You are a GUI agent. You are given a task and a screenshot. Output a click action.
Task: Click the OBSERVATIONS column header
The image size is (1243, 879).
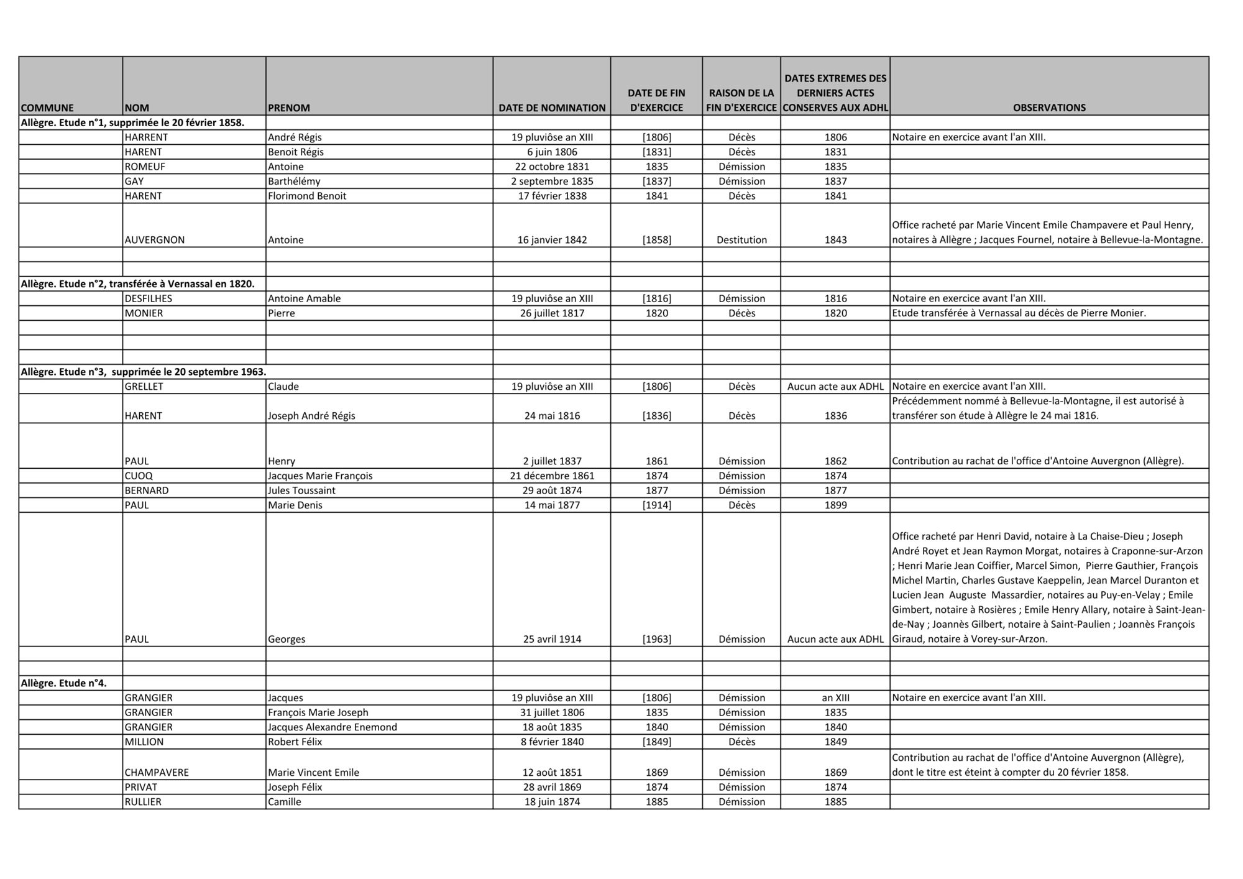[1049, 108]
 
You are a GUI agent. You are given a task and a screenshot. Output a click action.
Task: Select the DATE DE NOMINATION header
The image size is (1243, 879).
[552, 108]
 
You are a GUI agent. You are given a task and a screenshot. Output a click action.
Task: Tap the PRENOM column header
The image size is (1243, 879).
[289, 108]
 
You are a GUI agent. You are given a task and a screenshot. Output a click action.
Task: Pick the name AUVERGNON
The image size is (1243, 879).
[155, 240]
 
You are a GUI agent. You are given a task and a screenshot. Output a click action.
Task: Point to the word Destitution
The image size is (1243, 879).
[741, 240]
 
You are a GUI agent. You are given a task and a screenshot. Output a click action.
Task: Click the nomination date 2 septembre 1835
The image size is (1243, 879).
[552, 182]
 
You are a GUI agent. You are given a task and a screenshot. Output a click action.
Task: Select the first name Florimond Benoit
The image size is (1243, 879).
[307, 196]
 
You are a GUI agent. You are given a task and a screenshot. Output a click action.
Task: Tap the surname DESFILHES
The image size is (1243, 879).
[149, 298]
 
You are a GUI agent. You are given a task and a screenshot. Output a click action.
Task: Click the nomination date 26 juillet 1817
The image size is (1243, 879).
[552, 313]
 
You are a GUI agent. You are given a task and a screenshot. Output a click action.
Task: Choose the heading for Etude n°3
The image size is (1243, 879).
[144, 372]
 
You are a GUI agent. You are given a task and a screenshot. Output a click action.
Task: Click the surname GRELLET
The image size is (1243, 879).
[144, 387]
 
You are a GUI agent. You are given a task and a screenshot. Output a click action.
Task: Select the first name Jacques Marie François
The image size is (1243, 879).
[320, 476]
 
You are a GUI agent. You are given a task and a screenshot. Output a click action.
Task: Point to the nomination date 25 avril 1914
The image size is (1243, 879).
[552, 639]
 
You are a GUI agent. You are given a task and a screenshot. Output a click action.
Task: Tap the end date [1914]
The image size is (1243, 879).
[657, 505]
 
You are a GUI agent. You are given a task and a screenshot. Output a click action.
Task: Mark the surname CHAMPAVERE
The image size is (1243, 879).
[157, 773]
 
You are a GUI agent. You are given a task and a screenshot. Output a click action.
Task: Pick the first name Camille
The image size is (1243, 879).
[285, 802]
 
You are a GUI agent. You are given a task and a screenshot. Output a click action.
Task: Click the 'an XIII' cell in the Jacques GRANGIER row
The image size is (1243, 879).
[835, 698]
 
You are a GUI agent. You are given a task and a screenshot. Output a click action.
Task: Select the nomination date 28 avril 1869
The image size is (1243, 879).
[552, 788]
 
